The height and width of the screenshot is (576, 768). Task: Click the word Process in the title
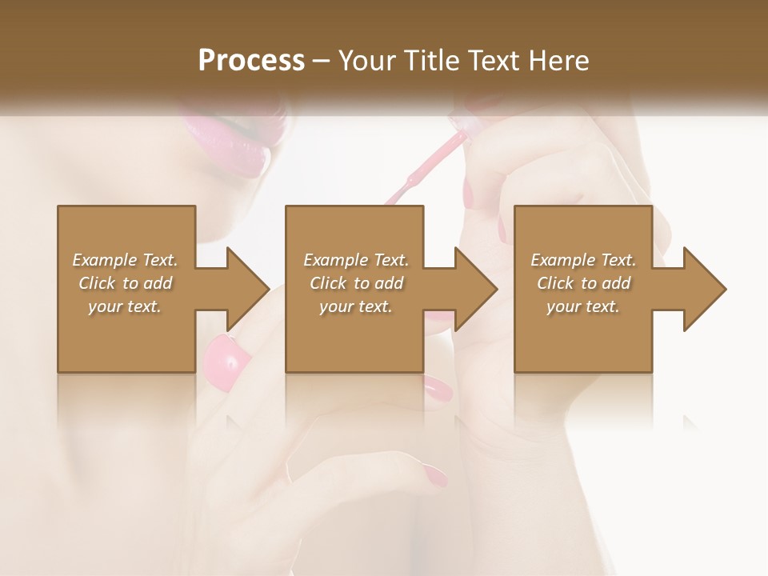tap(251, 61)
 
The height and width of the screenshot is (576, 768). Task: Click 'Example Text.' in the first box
tap(125, 260)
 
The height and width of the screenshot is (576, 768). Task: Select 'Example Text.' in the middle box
tap(356, 260)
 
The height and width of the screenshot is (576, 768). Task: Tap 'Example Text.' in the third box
tap(583, 260)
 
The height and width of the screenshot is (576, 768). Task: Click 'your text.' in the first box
tap(125, 306)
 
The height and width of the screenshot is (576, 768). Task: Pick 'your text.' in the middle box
tap(356, 306)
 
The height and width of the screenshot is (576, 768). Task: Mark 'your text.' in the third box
tap(583, 306)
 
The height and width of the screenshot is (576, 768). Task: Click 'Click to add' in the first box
tap(125, 283)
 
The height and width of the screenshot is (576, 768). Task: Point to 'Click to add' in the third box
tap(583, 283)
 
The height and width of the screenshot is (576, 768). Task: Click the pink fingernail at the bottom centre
tap(436, 477)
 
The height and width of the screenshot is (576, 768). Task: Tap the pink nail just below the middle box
tap(438, 388)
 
